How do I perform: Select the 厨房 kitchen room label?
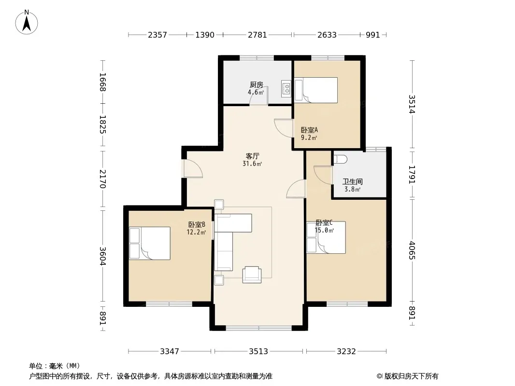256,84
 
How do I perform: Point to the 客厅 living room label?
252,156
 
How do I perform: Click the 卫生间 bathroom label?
352,181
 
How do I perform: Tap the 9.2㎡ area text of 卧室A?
309,138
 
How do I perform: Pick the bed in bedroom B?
150,243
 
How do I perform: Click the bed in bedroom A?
316,90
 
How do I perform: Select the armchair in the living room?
252,275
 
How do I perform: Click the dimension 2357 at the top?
157,35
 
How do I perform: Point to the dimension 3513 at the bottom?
258,352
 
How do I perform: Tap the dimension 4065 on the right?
412,250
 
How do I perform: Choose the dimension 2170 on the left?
103,179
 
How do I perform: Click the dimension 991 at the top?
373,35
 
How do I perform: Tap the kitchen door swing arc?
259,96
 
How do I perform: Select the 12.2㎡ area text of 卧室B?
196,233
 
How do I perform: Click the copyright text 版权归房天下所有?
411,376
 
